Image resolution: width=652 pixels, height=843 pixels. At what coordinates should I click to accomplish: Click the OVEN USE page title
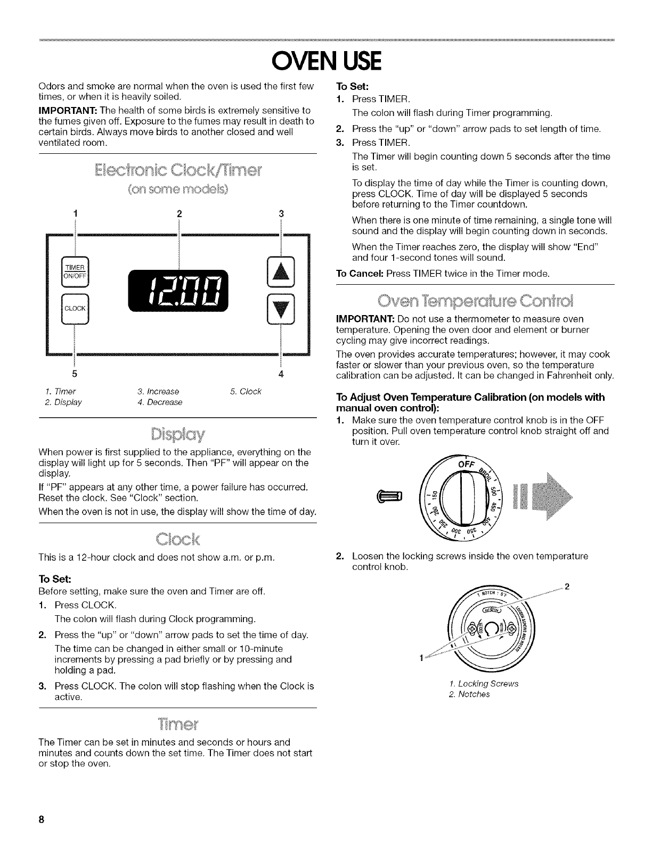coord(327,61)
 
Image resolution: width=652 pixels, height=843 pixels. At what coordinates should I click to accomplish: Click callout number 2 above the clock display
coord(179,214)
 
